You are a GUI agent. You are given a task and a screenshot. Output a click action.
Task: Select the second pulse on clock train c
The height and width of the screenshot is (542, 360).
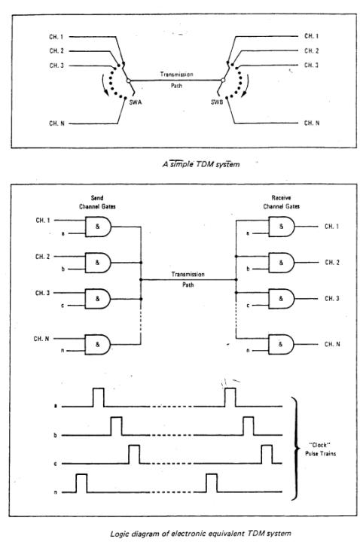pos(266,455)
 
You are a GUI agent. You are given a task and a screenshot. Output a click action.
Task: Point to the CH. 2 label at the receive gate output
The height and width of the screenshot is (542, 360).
pos(334,263)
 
